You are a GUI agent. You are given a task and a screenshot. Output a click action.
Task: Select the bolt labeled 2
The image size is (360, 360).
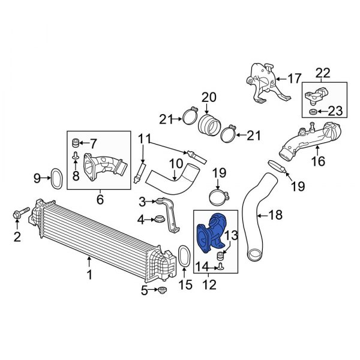[x=21, y=213]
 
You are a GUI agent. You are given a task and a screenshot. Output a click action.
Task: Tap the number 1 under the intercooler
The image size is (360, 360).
[x=89, y=274]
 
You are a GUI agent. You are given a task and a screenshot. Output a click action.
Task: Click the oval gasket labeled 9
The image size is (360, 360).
[x=56, y=179]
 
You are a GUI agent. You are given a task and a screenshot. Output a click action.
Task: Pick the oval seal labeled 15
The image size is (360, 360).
[x=184, y=256]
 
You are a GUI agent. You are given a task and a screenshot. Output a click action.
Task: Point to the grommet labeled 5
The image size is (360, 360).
[x=163, y=290]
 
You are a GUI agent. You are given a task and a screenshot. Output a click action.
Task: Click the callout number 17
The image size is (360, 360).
[x=295, y=79]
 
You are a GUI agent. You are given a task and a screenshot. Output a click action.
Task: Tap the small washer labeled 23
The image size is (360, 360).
[x=313, y=112]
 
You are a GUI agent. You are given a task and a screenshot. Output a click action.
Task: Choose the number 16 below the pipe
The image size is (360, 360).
[x=318, y=161]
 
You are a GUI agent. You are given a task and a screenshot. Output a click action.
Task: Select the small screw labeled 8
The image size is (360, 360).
[x=76, y=156]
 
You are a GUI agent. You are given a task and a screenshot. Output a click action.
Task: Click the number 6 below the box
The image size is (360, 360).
[x=100, y=199]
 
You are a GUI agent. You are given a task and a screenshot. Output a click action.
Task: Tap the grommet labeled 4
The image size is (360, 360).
[x=160, y=219]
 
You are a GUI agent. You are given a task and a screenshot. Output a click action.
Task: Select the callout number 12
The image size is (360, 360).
[x=209, y=284]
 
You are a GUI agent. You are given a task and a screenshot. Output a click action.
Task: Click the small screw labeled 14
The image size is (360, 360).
[x=221, y=267]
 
